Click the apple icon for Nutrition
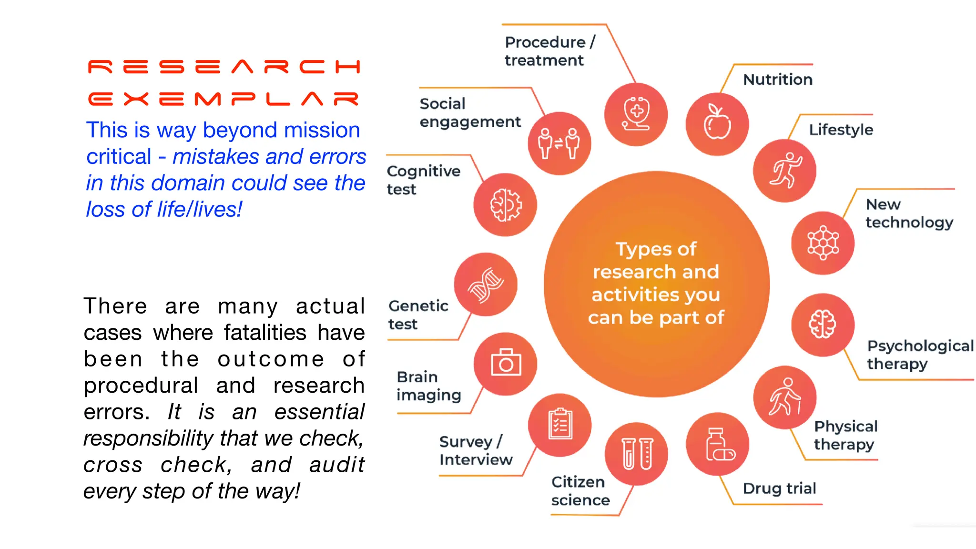pos(717,124)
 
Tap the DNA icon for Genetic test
pos(486,285)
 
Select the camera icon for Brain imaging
pos(506,364)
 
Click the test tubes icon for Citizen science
pos(637,454)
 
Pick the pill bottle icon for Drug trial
pos(718,444)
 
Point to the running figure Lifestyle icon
pos(785,171)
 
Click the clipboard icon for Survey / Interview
pos(560,425)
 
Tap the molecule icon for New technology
pos(823,243)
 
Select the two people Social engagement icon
pos(559,143)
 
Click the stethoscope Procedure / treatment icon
pos(636,114)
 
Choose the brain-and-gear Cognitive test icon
pos(505,205)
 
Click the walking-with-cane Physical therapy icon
pos(785,397)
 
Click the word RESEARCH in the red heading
pos(224,67)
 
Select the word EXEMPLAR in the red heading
pos(224,99)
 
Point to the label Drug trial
pos(780,488)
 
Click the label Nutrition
pos(778,80)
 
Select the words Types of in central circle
pos(656,249)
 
